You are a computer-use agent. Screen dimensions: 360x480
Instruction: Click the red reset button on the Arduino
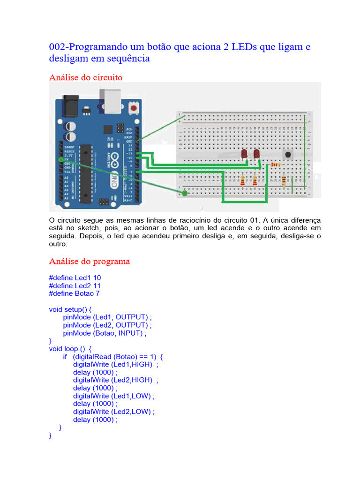[135, 109]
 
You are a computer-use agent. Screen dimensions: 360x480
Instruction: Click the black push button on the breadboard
[287, 154]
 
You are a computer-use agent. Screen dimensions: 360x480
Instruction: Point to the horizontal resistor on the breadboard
[276, 165]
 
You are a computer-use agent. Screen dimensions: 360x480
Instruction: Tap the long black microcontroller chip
[85, 173]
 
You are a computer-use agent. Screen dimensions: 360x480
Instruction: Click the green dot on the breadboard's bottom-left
[185, 193]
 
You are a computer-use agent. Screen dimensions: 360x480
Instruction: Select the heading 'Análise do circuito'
[86, 77]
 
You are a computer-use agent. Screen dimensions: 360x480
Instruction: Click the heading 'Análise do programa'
[89, 261]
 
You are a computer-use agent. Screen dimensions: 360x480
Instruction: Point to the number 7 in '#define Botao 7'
[97, 293]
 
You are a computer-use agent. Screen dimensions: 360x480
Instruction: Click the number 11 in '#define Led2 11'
[97, 285]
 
